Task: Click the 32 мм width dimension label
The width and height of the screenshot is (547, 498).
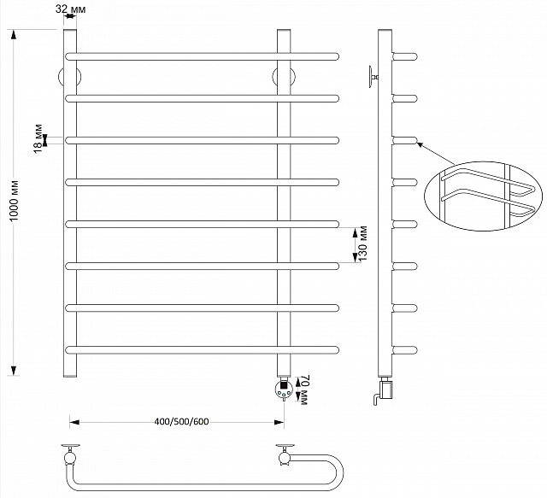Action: pyautogui.click(x=70, y=9)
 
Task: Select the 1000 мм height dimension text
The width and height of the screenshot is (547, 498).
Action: pyautogui.click(x=14, y=201)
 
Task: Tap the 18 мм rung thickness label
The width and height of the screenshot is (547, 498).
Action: pyautogui.click(x=38, y=138)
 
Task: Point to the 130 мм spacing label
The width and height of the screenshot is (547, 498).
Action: pyautogui.click(x=362, y=243)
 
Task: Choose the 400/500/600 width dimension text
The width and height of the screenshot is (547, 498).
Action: pyautogui.click(x=181, y=422)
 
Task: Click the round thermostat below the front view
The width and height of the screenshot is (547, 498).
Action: pyautogui.click(x=285, y=390)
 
